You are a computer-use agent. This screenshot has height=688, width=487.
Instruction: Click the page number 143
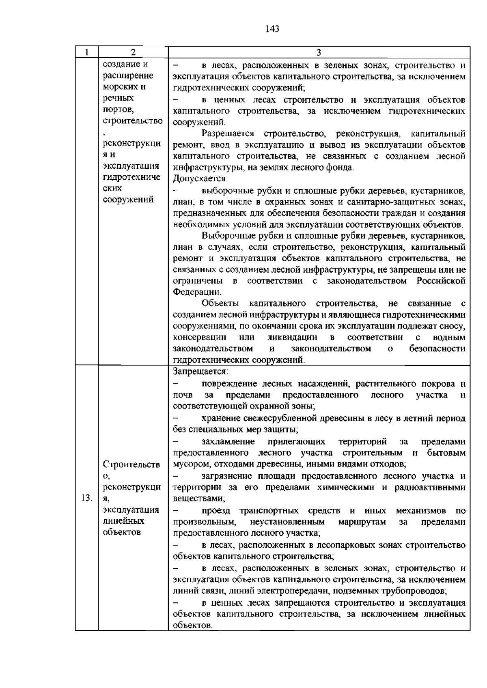tap(272, 29)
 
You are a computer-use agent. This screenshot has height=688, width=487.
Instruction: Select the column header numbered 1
tap(87, 52)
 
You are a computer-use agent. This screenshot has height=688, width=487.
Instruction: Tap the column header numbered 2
tap(133, 52)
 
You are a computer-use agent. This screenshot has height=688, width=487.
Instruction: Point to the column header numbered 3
tap(319, 52)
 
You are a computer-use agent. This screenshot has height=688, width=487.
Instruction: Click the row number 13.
tap(87, 498)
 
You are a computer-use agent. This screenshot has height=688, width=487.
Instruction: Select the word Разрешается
tap(227, 134)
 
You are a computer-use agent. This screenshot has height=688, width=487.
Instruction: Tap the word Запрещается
tap(200, 372)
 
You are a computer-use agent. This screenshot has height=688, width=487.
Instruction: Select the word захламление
tap(228, 441)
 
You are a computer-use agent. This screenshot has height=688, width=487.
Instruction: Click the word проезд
tap(215, 510)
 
